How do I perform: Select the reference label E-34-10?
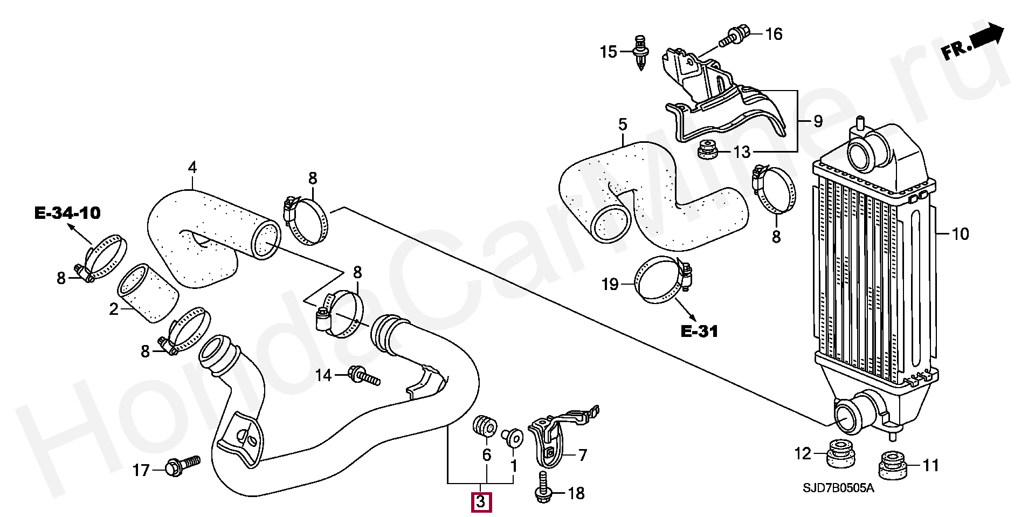pyautogui.click(x=67, y=213)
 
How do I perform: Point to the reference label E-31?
pyautogui.click(x=699, y=331)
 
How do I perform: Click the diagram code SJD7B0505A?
pyautogui.click(x=838, y=488)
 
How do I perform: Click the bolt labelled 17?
pyautogui.click(x=182, y=466)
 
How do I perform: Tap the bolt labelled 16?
pyautogui.click(x=734, y=36)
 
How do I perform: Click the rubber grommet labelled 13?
pyautogui.click(x=707, y=150)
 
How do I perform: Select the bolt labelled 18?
pyautogui.click(x=542, y=488)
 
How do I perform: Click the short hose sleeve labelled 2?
pyautogui.click(x=148, y=293)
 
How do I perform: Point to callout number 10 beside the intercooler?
pyautogui.click(x=960, y=234)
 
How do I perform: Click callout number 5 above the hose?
pyautogui.click(x=623, y=125)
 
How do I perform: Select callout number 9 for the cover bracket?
pyautogui.click(x=818, y=121)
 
